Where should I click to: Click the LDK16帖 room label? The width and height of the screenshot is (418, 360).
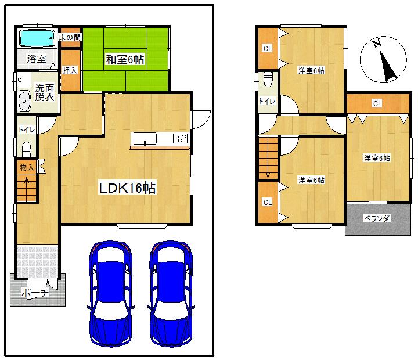[127, 189]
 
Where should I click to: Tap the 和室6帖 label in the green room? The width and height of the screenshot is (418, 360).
[125, 59]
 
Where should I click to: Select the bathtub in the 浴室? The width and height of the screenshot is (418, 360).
[37, 38]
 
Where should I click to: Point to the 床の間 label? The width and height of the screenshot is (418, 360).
[70, 37]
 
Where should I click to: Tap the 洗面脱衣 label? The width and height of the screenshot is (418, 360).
[44, 93]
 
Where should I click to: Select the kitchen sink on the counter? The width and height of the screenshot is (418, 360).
[144, 138]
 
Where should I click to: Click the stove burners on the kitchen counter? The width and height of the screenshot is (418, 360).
[181, 138]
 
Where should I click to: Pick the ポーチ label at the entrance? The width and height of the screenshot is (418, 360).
[34, 293]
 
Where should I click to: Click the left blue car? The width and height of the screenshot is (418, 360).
[110, 293]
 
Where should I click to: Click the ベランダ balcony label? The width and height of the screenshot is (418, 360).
[377, 218]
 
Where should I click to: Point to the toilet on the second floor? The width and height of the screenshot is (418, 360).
[268, 79]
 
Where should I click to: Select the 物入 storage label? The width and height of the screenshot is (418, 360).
[27, 167]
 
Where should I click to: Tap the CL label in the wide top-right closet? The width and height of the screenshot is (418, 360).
[377, 103]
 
